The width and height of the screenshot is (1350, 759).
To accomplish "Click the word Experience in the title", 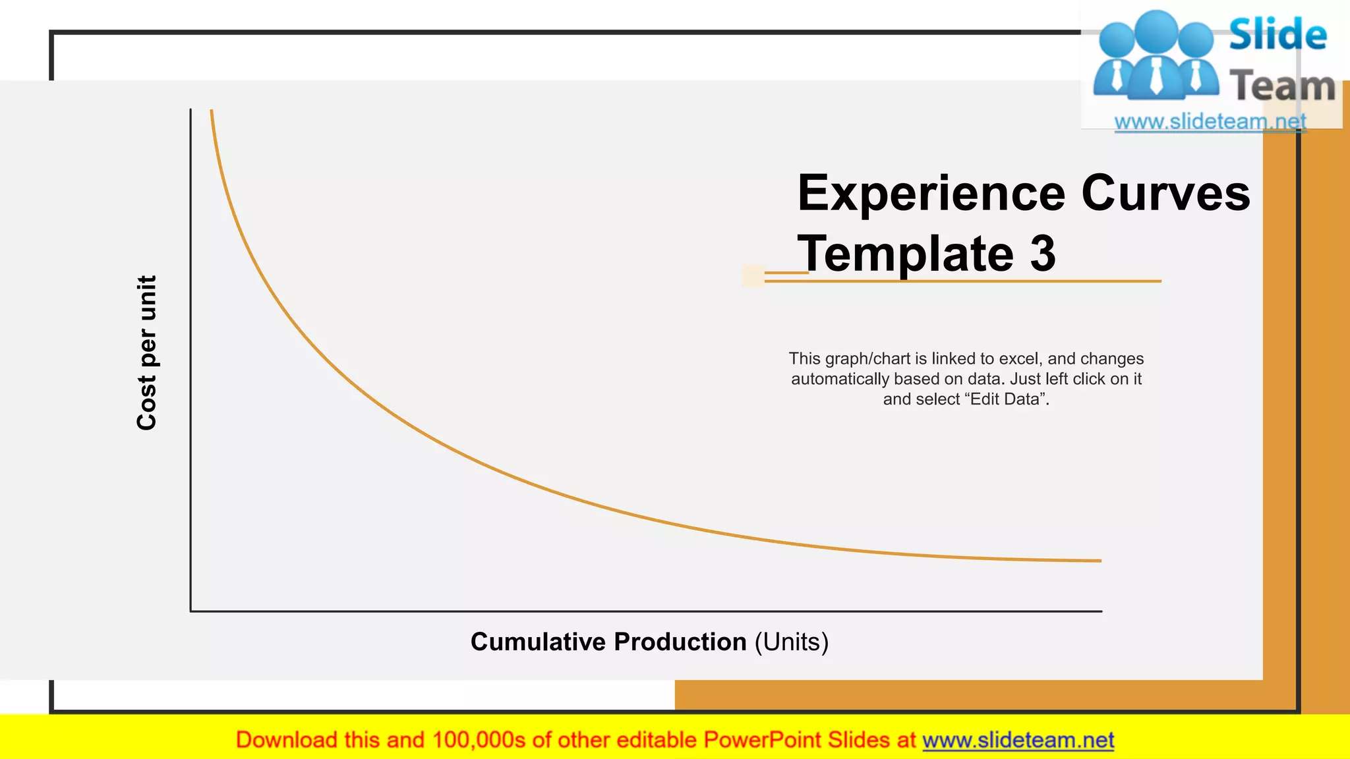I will click(x=931, y=194).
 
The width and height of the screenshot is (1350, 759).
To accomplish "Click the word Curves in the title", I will click(x=1165, y=194).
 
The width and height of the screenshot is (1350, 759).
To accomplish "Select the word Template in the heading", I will click(x=905, y=254).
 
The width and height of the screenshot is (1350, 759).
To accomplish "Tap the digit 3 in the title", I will click(x=1043, y=254).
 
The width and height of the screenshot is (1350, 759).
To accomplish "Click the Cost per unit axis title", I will click(x=146, y=353).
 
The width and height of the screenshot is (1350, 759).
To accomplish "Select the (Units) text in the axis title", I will click(x=791, y=642).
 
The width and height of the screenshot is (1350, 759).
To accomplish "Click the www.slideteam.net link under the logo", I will click(x=1210, y=121).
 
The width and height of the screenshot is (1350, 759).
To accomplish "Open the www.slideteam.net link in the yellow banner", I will click(x=1018, y=740).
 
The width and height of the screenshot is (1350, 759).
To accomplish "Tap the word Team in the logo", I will click(x=1282, y=86).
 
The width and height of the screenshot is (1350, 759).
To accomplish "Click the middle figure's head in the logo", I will click(x=1156, y=30).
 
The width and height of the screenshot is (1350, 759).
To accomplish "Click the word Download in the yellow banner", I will click(x=286, y=740).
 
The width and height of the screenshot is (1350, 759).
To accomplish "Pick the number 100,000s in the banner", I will click(x=479, y=740).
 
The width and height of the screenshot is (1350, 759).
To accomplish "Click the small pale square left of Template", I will click(x=753, y=276).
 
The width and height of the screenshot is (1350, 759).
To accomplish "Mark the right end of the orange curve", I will click(x=1100, y=561).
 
